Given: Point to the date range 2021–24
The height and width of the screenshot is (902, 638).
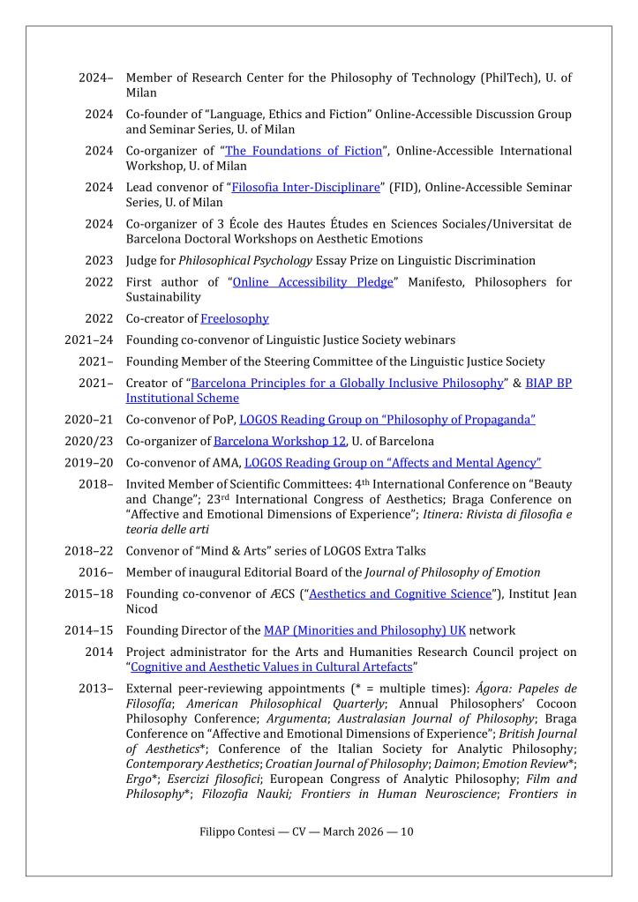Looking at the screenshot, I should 88,339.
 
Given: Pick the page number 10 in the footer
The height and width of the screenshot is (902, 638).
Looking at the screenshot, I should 407,831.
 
